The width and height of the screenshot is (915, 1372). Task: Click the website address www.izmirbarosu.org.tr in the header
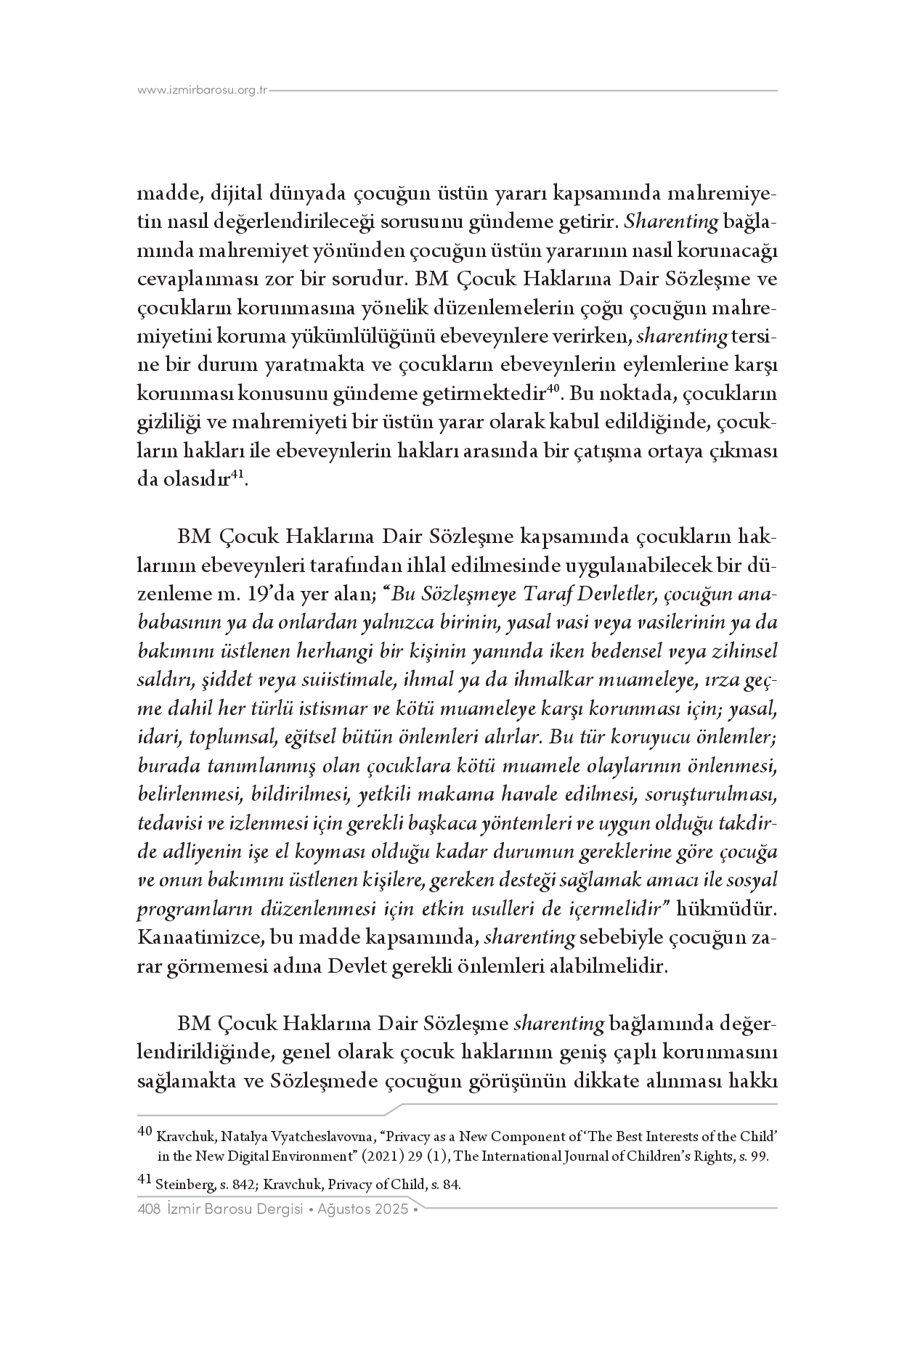tap(203, 91)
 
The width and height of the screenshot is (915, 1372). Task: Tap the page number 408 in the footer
tap(148, 1209)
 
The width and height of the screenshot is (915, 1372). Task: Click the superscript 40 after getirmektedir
tap(552, 389)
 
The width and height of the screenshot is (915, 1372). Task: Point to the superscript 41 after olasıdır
tap(237, 475)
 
